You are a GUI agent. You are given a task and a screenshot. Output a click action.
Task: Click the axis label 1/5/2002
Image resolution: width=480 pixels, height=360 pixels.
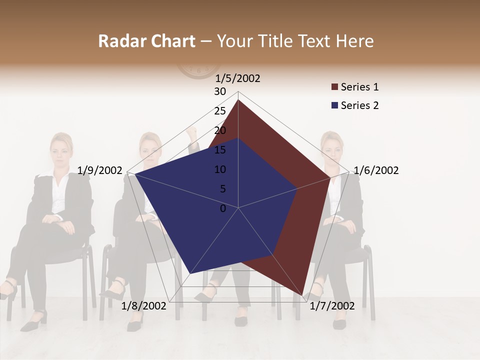click(x=237, y=78)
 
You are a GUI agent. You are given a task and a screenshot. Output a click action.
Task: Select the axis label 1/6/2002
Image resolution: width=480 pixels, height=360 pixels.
click(x=376, y=170)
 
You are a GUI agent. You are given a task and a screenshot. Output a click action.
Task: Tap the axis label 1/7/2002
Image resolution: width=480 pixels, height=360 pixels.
click(x=332, y=306)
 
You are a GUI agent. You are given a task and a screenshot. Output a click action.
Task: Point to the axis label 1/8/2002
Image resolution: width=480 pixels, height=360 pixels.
click(x=143, y=306)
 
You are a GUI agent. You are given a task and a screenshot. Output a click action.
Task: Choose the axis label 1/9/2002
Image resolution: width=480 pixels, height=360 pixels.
click(x=100, y=170)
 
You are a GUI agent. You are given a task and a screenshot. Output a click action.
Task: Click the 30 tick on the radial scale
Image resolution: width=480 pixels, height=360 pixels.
click(x=220, y=91)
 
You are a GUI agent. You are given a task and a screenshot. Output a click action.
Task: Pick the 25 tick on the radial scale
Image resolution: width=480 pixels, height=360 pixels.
click(x=220, y=111)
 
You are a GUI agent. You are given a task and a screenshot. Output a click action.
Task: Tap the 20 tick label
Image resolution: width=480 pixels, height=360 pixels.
click(x=220, y=130)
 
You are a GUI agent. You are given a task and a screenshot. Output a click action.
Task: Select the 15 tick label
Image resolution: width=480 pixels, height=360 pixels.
click(x=220, y=150)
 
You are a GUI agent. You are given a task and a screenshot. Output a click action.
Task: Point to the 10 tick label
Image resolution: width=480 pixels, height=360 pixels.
click(x=220, y=169)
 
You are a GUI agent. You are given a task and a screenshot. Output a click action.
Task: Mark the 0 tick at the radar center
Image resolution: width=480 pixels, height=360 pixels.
click(x=223, y=208)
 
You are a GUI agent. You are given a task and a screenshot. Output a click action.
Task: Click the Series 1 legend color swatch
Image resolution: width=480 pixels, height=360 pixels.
click(x=334, y=87)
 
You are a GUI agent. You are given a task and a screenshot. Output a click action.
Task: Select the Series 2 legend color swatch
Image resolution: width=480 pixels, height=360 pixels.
click(x=334, y=105)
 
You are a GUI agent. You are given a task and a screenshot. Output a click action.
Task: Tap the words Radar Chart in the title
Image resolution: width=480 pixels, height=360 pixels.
click(x=146, y=41)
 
